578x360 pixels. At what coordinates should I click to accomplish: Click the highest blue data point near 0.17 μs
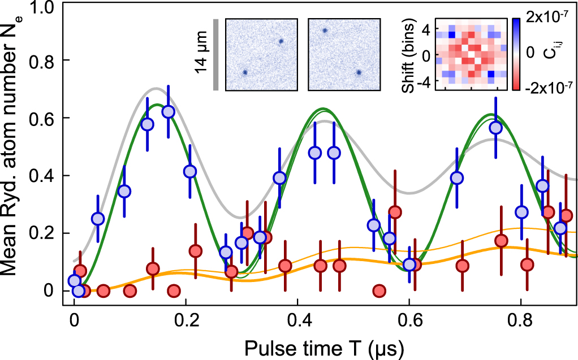point(168,112)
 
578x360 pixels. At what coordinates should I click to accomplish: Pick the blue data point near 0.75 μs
point(496,128)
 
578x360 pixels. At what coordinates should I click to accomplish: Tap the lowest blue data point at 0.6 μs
point(409,264)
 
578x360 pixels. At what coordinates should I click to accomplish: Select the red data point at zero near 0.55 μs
point(379,291)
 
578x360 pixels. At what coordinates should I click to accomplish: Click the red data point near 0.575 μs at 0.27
point(395,212)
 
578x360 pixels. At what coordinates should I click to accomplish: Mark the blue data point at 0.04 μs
point(98,219)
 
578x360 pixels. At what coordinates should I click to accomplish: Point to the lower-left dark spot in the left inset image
point(245,72)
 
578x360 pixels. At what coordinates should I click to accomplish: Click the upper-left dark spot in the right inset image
point(325,31)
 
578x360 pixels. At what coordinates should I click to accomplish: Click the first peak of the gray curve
point(156,88)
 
